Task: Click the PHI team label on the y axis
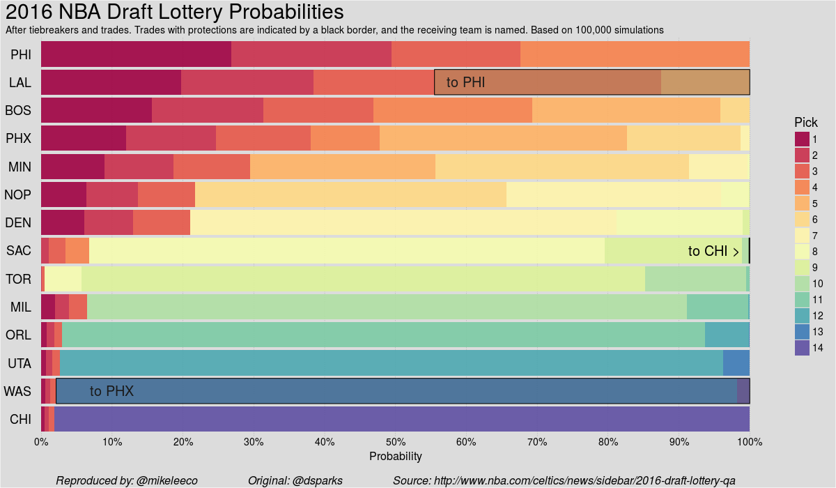(20, 54)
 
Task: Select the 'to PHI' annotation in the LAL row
(465, 82)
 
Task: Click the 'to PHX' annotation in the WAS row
(111, 391)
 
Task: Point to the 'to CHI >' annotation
(713, 251)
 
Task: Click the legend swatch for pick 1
(802, 139)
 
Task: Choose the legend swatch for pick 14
(802, 347)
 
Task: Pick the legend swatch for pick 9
(802, 267)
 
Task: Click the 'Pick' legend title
(806, 123)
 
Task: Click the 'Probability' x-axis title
(395, 456)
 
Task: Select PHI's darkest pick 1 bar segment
(136, 54)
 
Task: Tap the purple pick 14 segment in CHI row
(401, 419)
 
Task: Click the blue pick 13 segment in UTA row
(736, 363)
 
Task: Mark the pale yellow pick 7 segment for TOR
(63, 279)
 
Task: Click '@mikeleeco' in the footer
(167, 480)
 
